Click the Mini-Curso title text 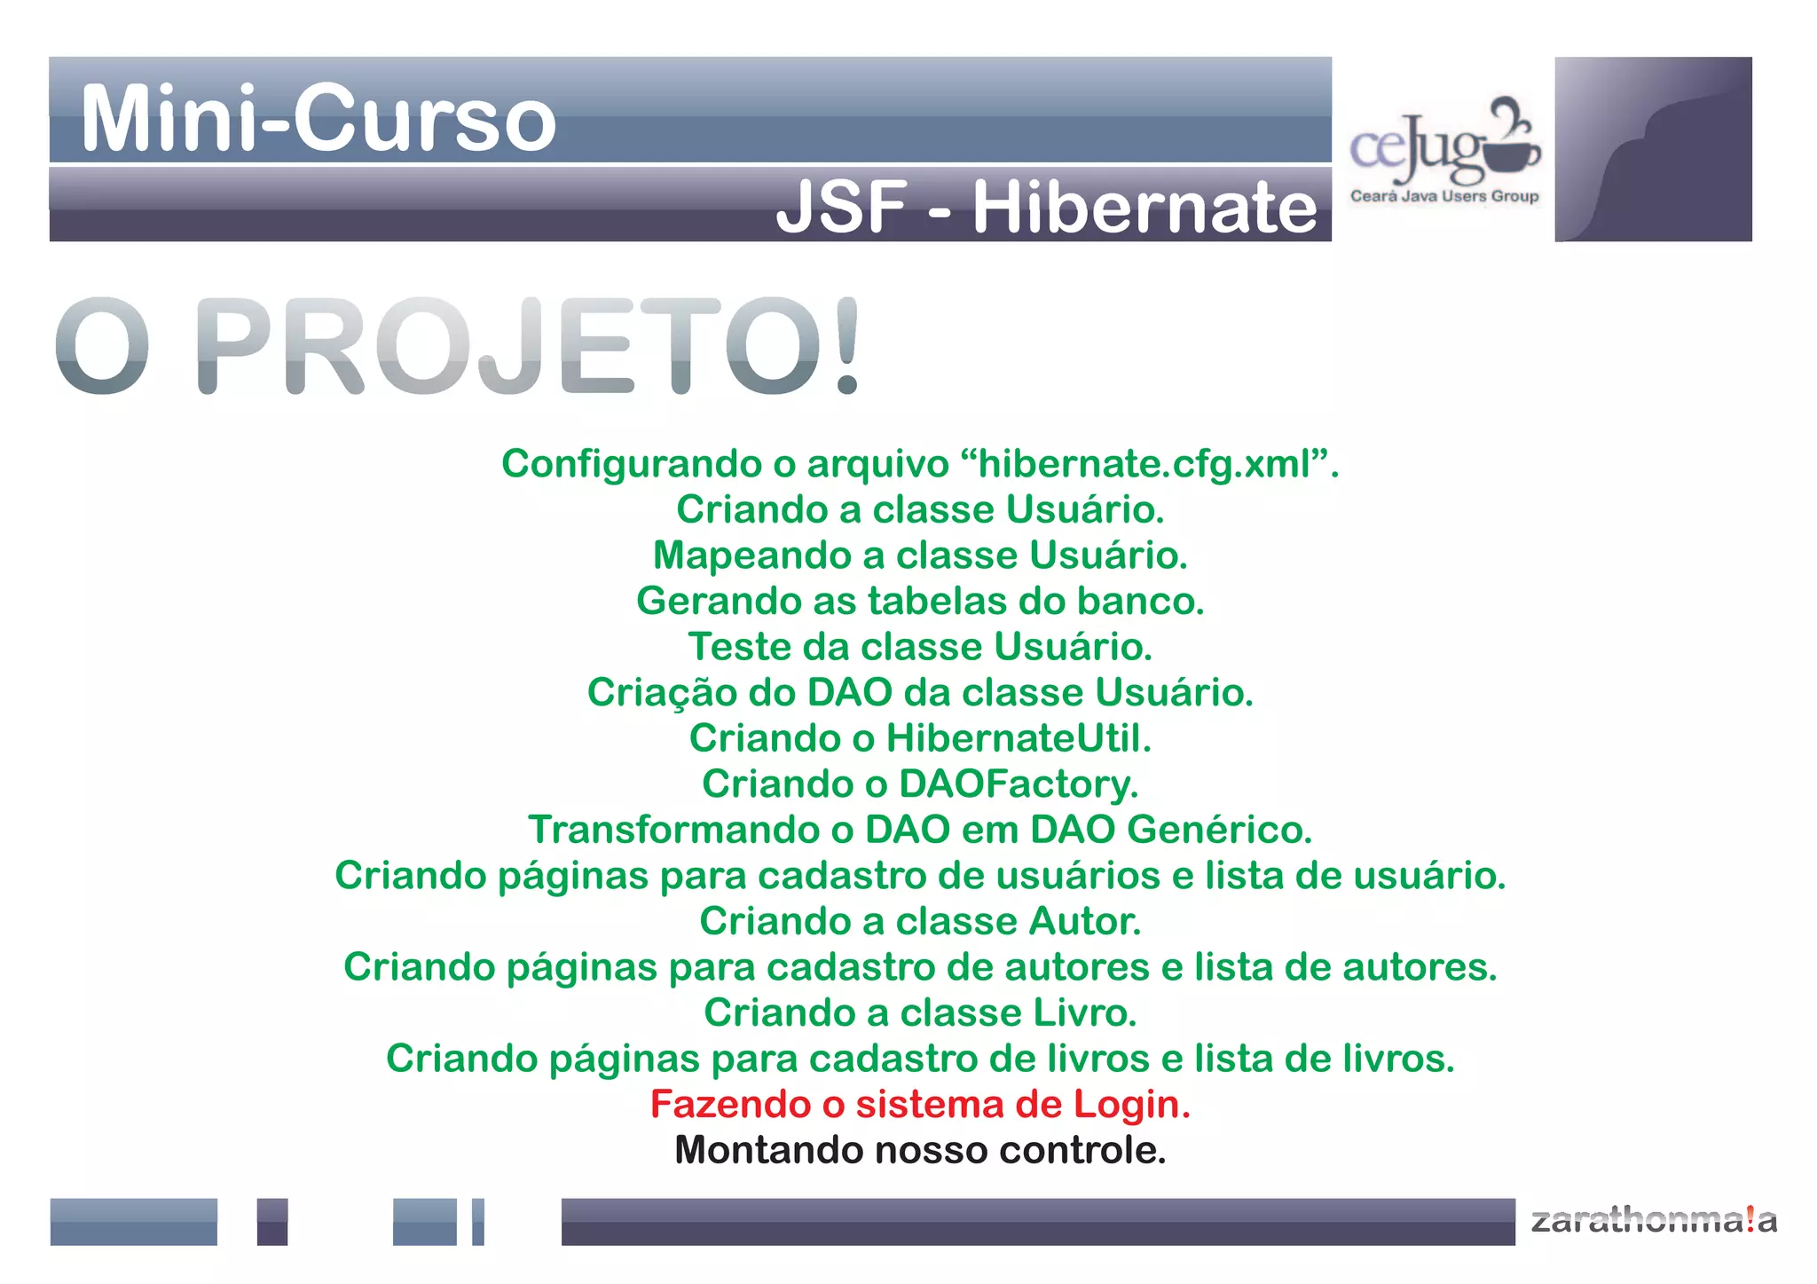(x=319, y=118)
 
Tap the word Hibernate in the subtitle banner (x=1144, y=208)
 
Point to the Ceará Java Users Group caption (x=1443, y=196)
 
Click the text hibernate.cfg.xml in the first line (x=1144, y=463)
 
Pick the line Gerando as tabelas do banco (x=920, y=601)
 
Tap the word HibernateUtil (x=1018, y=738)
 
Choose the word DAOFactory (x=1018, y=784)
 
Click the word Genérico (x=1219, y=830)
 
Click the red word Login (x=1131, y=1104)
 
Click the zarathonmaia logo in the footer (x=1654, y=1220)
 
